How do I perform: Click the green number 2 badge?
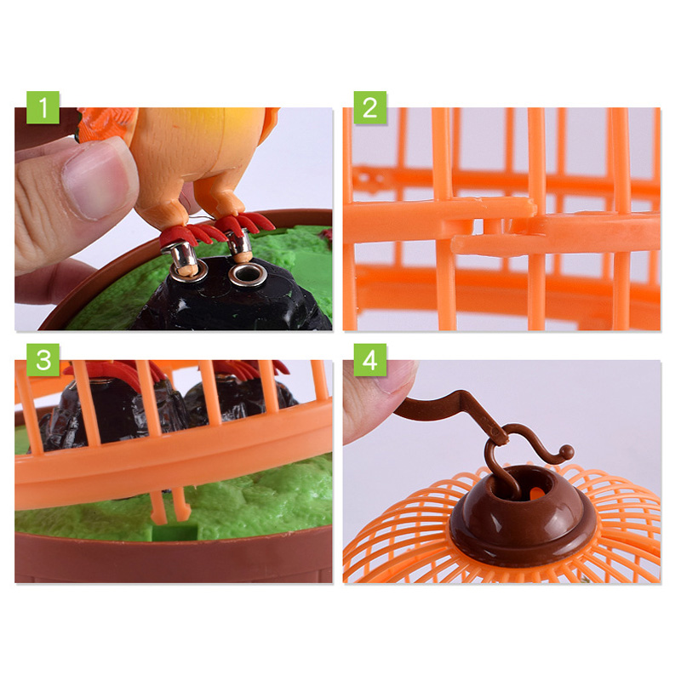point(369,108)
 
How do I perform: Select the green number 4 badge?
point(369,360)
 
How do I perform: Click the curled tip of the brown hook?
point(565,451)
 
